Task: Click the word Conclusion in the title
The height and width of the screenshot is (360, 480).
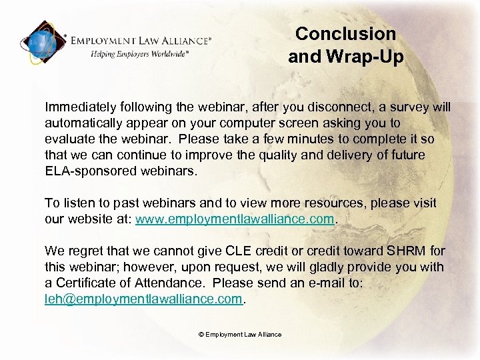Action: point(345,33)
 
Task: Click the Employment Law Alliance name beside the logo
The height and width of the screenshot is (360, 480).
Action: point(142,40)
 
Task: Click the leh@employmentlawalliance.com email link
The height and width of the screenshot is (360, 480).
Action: point(144,299)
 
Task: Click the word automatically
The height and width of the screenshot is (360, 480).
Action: point(84,123)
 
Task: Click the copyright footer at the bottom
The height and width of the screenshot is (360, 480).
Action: point(240,335)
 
